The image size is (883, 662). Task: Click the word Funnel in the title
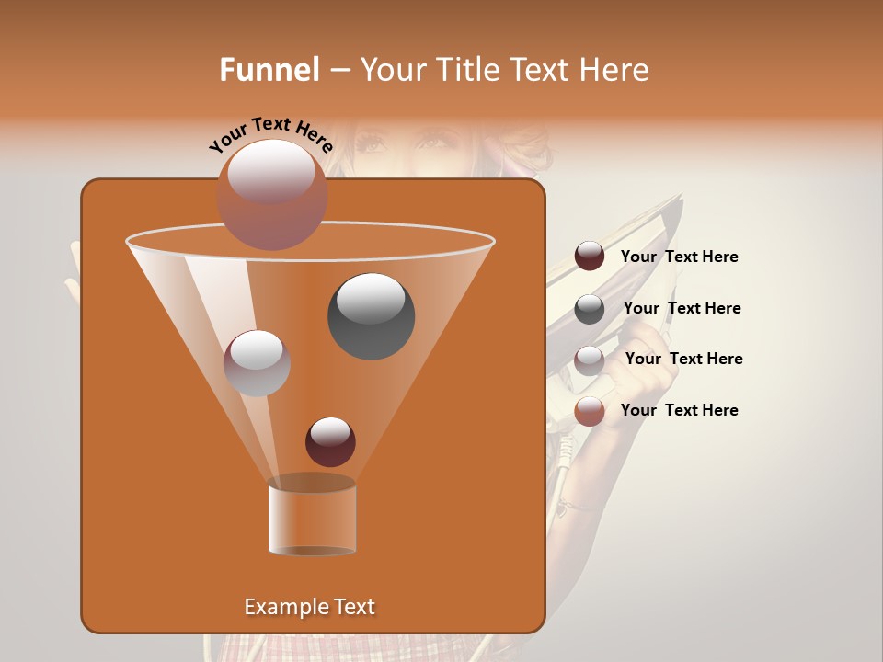coord(269,70)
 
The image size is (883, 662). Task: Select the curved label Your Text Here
coord(270,133)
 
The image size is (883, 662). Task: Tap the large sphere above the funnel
coord(271,194)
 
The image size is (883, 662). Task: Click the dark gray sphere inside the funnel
coord(371,315)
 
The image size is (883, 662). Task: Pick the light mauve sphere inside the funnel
coord(257,362)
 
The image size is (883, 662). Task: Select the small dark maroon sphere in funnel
coord(330,441)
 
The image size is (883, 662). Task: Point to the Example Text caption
coord(309,607)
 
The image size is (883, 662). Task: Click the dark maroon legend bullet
coord(590,257)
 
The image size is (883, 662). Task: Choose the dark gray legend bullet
coord(590,309)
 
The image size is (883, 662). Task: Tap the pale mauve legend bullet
coord(590,360)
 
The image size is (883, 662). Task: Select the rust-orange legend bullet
coord(590,412)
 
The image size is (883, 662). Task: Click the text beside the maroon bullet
coord(679,257)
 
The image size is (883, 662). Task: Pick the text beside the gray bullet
coord(682,309)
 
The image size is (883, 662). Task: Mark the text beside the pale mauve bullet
coord(683,360)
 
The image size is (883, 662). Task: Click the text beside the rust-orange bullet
coord(679,410)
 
